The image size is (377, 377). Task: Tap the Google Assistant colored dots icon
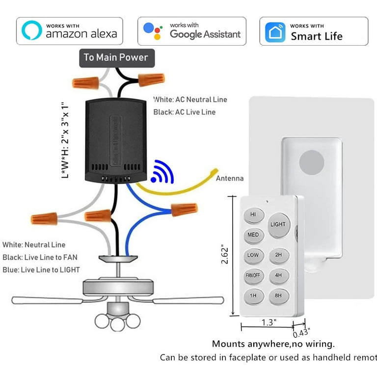(153, 30)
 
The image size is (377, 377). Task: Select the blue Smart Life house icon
(275, 31)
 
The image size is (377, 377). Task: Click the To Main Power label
(115, 57)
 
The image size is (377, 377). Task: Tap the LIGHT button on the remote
(278, 224)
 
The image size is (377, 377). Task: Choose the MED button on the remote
(254, 235)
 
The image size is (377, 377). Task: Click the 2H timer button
(278, 256)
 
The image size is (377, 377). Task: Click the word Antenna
(229, 178)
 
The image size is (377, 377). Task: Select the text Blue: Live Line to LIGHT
(41, 269)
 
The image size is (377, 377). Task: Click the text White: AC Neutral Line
(190, 100)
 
